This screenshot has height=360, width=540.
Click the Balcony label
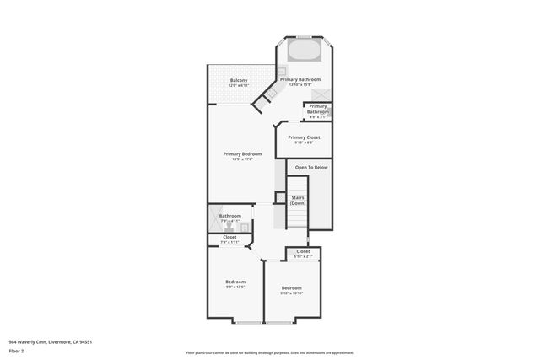point(239,80)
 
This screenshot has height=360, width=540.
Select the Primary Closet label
point(304,137)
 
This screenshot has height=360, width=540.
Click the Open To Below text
point(311,168)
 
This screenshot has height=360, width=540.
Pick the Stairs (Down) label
point(298,201)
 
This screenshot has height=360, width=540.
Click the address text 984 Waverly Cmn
point(50,341)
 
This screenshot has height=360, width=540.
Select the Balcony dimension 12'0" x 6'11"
point(239,85)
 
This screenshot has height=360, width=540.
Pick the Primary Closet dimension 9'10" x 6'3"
point(304,142)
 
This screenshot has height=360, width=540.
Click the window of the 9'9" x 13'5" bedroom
point(248,324)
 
